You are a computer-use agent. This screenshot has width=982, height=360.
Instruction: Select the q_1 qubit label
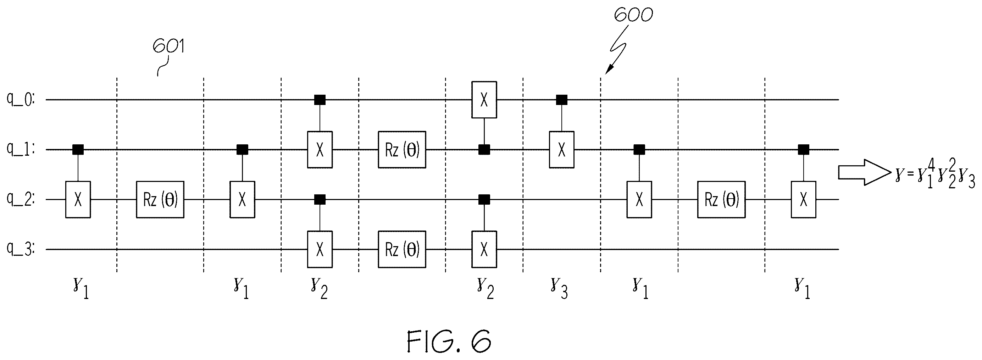pyautogui.click(x=20, y=149)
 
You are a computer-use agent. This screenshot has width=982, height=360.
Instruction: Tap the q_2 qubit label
pyautogui.click(x=20, y=199)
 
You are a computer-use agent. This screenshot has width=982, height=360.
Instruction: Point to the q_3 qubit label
pyautogui.click(x=20, y=249)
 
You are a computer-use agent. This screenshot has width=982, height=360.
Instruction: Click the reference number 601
pyautogui.click(x=168, y=47)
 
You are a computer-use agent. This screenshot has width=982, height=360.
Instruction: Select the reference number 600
pyautogui.click(x=633, y=15)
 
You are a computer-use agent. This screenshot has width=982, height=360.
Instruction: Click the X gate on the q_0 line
pyautogui.click(x=484, y=100)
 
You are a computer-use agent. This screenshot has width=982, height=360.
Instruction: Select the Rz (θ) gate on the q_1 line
pyautogui.click(x=402, y=149)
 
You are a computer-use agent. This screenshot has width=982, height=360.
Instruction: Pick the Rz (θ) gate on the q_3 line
pyautogui.click(x=402, y=249)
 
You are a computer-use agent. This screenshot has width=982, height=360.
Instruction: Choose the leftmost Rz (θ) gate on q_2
pyautogui.click(x=160, y=199)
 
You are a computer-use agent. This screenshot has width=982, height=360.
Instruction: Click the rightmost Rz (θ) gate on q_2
pyautogui.click(x=722, y=199)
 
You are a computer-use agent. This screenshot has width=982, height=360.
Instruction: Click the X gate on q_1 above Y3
pyautogui.click(x=561, y=149)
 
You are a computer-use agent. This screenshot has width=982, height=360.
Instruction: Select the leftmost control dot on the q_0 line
pyautogui.click(x=320, y=100)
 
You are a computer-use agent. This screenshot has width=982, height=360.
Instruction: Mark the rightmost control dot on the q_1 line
pyautogui.click(x=804, y=149)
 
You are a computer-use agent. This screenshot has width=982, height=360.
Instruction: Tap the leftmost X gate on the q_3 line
pyautogui.click(x=320, y=249)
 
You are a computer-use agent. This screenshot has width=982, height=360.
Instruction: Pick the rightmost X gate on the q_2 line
pyautogui.click(x=804, y=199)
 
